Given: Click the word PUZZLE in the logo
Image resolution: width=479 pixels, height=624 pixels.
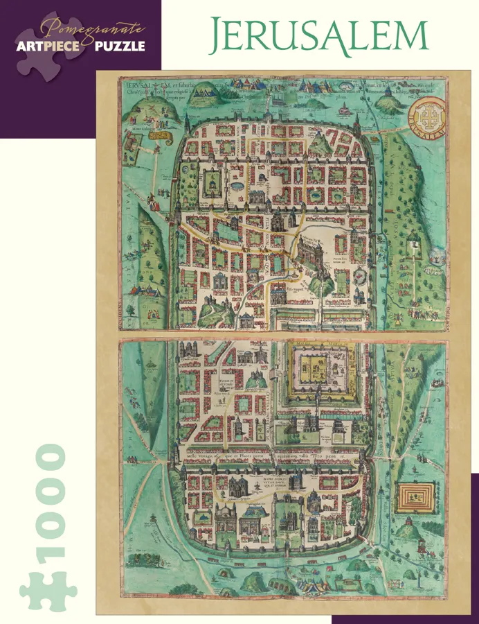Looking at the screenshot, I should [121, 46].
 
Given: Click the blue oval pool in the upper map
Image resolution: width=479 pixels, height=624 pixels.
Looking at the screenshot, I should [237, 186].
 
